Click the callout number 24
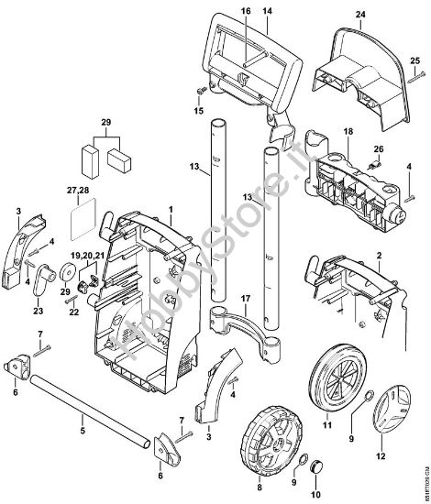(x=359, y=16)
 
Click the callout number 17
(x=244, y=299)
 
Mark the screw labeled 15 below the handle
(x=198, y=93)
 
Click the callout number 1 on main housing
(x=170, y=209)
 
